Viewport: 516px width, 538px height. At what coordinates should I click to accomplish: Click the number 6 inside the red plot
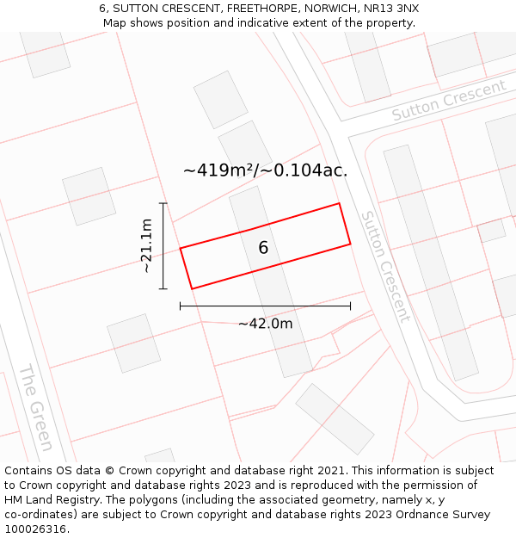click(263, 248)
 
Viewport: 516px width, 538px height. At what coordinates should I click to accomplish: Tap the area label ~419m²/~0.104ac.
click(265, 170)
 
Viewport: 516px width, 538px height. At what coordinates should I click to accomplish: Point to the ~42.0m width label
click(265, 324)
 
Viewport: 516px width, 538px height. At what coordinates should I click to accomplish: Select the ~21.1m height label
click(147, 246)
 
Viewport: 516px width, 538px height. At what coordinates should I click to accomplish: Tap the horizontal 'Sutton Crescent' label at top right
click(449, 101)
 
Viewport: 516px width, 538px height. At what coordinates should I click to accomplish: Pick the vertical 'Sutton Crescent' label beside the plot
click(384, 266)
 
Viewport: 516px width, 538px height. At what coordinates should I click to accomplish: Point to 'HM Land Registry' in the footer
click(51, 500)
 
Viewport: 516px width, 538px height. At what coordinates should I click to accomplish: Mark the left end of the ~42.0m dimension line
click(180, 306)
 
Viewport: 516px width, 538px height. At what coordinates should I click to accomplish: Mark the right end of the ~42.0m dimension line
click(350, 306)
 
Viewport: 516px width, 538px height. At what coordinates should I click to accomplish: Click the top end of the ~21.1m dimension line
click(163, 203)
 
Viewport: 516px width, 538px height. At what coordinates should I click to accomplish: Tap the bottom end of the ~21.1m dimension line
click(163, 289)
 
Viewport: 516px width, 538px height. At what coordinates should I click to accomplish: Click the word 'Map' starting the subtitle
click(114, 23)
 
